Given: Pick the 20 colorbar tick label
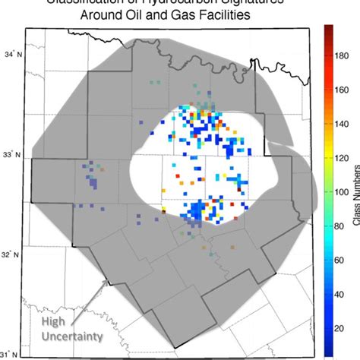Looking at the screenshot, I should coord(341,327).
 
